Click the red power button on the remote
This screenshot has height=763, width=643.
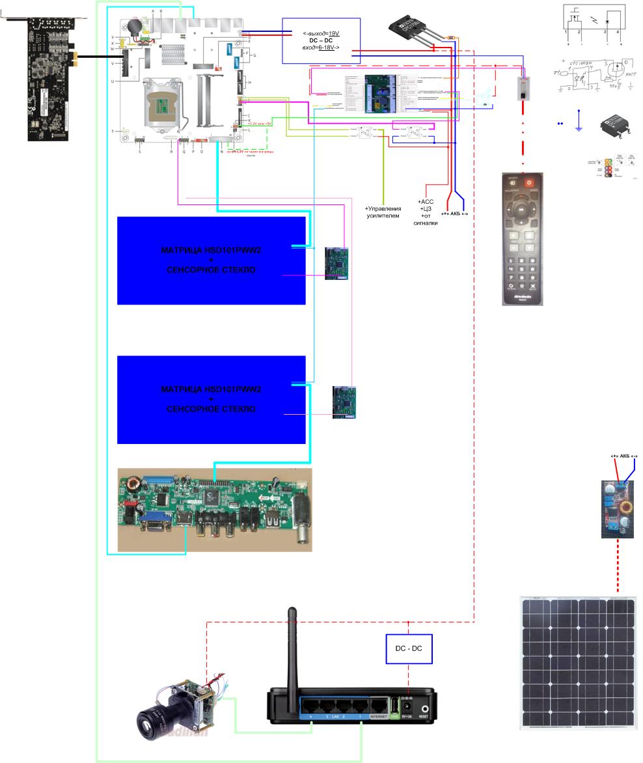(529, 183)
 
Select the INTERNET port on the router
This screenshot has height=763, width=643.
(378, 707)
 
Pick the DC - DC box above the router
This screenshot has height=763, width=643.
(408, 649)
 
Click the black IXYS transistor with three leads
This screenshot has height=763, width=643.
(412, 29)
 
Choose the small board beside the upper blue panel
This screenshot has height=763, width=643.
(337, 263)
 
